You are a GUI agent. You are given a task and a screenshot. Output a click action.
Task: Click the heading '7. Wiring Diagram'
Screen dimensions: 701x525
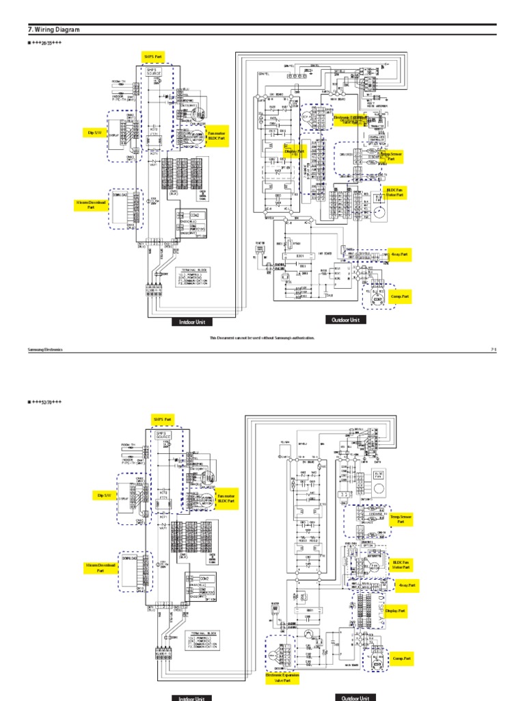[54, 30]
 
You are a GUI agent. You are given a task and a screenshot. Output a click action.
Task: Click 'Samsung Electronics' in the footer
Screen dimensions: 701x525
[44, 350]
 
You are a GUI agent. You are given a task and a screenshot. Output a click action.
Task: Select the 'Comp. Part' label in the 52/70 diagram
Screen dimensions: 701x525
[402, 659]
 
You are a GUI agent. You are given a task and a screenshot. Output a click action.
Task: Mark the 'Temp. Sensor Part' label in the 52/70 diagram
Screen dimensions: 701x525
[401, 519]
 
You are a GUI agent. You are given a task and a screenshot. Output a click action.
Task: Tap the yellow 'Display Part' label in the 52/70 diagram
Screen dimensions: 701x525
[395, 610]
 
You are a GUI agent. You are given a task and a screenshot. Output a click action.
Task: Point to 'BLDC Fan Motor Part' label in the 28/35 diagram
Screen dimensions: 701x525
[395, 192]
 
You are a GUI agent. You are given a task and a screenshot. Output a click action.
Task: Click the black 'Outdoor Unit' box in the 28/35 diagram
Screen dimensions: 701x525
[345, 320]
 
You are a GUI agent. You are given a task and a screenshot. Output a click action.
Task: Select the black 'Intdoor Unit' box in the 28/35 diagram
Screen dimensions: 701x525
[191, 321]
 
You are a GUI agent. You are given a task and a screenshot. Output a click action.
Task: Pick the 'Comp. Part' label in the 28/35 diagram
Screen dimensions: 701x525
[400, 297]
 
